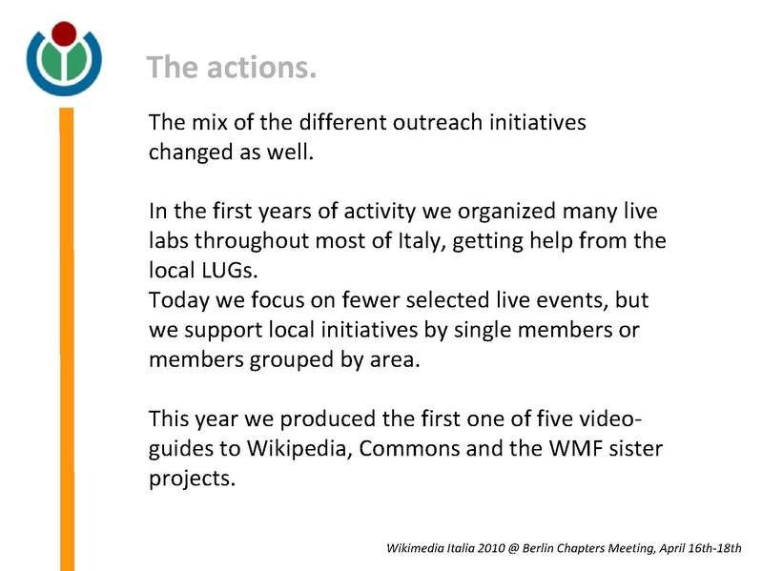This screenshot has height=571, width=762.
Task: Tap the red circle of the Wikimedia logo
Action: coord(64,36)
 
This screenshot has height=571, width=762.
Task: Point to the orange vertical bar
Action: coord(67,334)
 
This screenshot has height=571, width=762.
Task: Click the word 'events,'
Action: coord(570,300)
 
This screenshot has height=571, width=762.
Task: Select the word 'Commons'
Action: coord(408,449)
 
